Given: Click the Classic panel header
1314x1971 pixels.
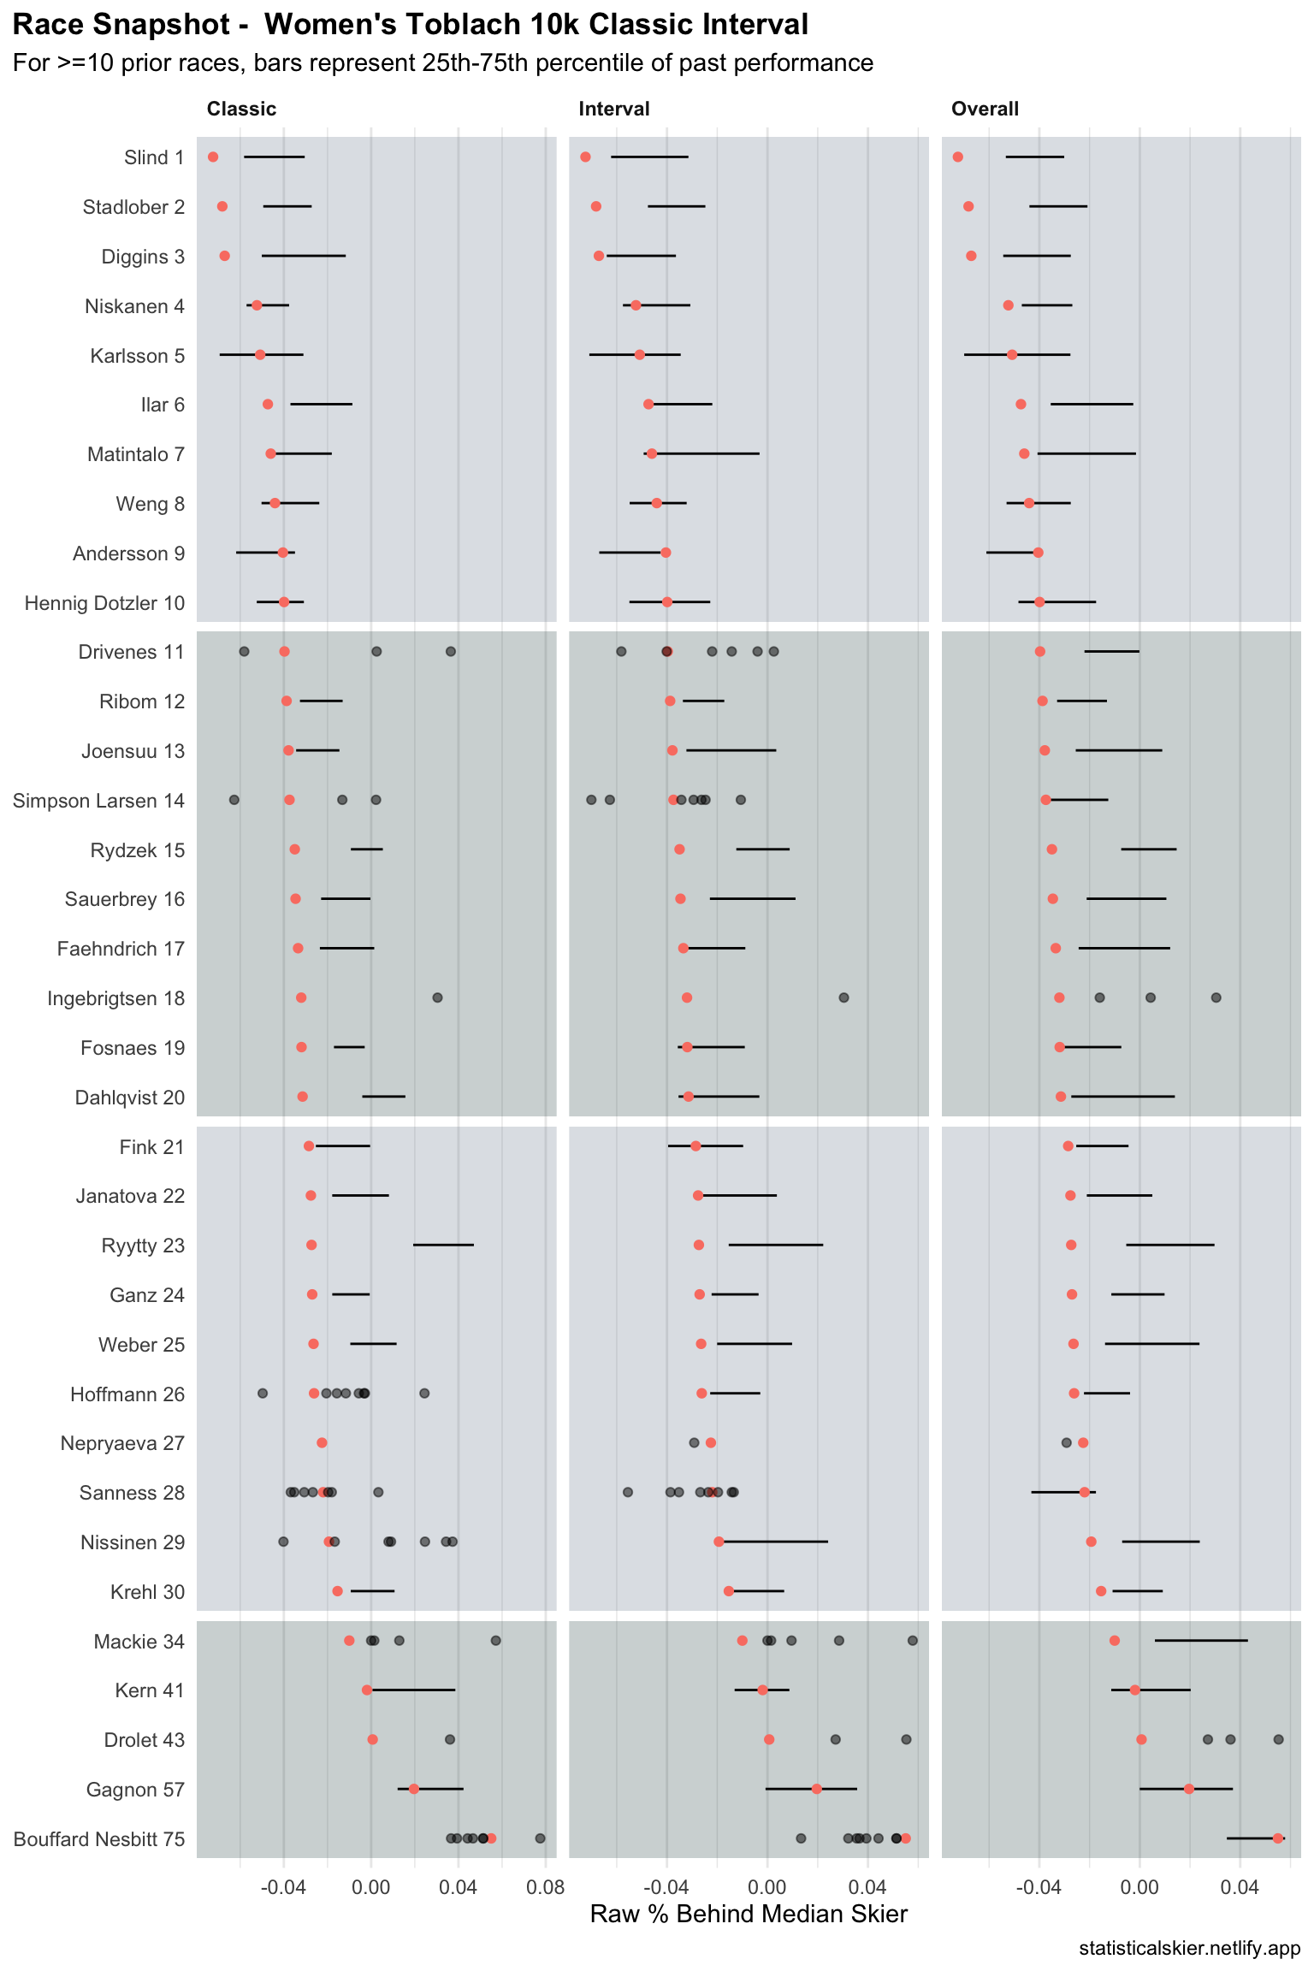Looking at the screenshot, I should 241,109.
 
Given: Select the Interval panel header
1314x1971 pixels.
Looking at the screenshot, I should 613,109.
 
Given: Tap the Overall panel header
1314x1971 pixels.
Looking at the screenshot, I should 985,109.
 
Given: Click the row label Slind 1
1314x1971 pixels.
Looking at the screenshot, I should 154,157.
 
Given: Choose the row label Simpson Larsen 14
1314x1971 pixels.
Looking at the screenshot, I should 98,801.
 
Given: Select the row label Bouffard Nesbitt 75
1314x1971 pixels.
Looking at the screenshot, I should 98,1839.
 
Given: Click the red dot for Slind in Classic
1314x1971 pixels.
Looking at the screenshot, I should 213,157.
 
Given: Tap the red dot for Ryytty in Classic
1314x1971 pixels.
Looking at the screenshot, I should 311,1245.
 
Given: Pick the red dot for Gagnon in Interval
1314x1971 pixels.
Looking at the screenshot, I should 816,1789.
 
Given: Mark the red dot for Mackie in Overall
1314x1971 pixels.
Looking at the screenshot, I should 1115,1641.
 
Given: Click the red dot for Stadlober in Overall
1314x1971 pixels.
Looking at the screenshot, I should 968,207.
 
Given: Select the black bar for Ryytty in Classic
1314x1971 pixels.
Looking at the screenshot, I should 443,1245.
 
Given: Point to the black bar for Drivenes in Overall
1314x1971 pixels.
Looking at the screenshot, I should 1111,652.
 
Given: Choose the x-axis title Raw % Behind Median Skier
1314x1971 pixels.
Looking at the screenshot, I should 749,1914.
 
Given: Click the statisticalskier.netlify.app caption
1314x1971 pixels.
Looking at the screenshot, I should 1189,1949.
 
